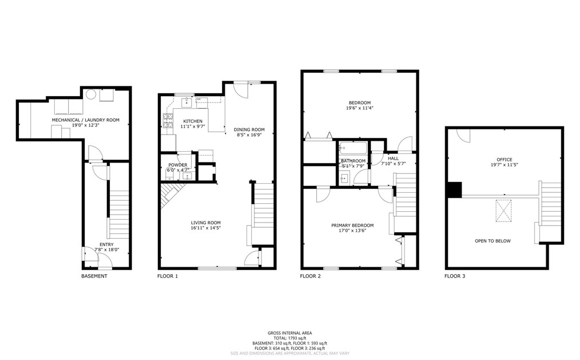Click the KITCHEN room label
click(x=192, y=121)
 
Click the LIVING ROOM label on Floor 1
click(x=205, y=223)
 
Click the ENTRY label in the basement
click(x=106, y=244)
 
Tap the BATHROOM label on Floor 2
click(x=353, y=161)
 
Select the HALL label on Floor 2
click(x=393, y=158)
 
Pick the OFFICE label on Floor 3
click(x=504, y=160)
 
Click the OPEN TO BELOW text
click(x=492, y=241)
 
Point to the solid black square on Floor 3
click(x=454, y=189)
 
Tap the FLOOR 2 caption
click(x=311, y=276)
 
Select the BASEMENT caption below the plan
click(x=94, y=276)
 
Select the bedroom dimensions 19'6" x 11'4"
click(x=360, y=108)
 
